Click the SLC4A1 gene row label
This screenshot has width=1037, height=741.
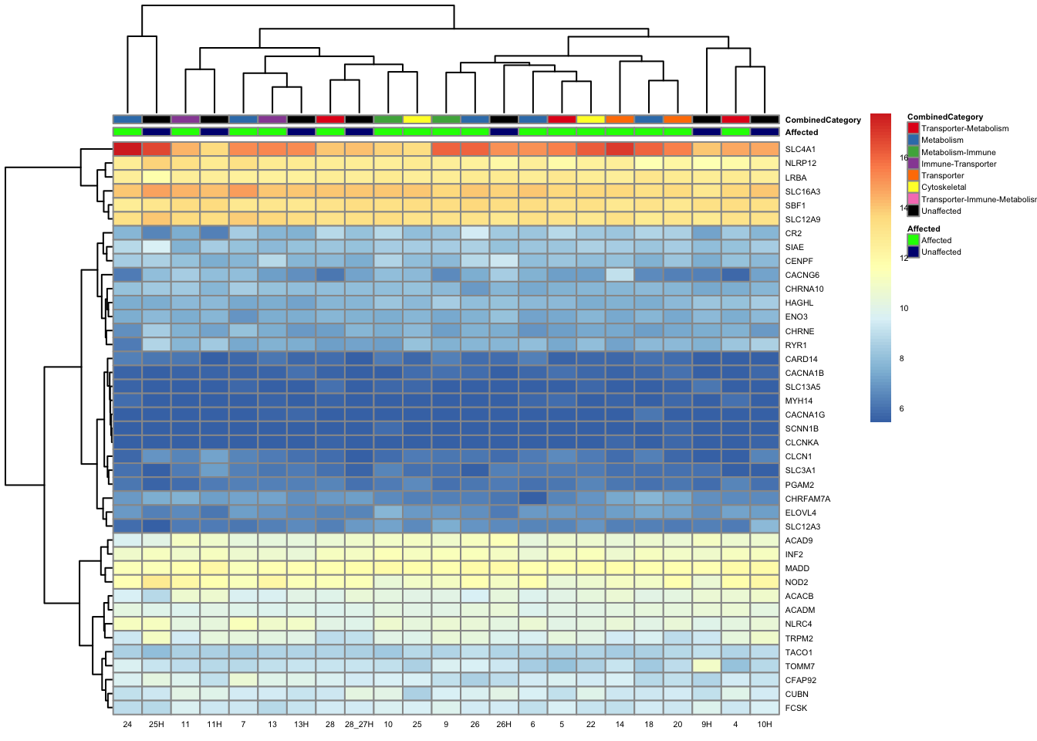(799, 150)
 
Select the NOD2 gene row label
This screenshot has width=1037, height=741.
(796, 583)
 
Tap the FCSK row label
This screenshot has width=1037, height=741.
(796, 709)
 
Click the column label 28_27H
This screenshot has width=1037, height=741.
(359, 725)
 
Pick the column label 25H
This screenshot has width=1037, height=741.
(157, 725)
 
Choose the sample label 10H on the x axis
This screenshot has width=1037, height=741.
(765, 725)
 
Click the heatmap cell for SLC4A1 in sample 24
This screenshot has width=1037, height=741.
(127, 150)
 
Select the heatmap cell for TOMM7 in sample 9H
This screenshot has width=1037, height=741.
(707, 666)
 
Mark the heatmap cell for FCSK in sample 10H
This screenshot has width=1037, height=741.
(765, 709)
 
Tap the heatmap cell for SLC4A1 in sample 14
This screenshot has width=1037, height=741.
(620, 150)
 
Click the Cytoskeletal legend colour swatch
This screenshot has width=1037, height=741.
(914, 188)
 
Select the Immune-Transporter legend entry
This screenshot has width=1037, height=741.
(958, 164)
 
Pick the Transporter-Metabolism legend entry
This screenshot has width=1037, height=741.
(964, 129)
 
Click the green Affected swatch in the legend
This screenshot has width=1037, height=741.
(914, 241)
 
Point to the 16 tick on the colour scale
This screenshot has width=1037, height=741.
(904, 158)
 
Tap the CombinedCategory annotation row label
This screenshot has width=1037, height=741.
(823, 120)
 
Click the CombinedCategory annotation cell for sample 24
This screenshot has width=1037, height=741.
(127, 120)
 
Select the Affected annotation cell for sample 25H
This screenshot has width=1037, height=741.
(157, 132)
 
